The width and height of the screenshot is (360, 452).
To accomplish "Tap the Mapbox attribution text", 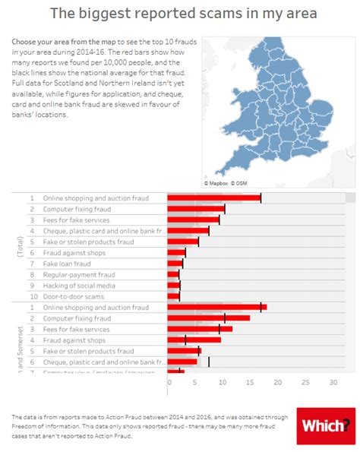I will [x=219, y=183].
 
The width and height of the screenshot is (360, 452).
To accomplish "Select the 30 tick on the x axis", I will [x=333, y=384].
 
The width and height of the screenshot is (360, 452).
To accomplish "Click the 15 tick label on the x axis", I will [x=250, y=384].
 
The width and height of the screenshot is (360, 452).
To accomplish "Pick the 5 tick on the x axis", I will [x=196, y=384].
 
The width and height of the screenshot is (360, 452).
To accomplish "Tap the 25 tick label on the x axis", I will [x=305, y=384].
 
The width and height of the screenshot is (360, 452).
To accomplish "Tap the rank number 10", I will [x=32, y=296].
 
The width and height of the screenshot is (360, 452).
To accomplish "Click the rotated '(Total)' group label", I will [x=20, y=247].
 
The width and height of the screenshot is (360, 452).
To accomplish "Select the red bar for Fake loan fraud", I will [x=175, y=264].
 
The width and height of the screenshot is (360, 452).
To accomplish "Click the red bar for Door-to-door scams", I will [x=173, y=296].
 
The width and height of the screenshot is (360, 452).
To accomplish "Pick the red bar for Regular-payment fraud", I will [x=173, y=274].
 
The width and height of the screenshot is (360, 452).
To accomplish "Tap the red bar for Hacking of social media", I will [x=173, y=286].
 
